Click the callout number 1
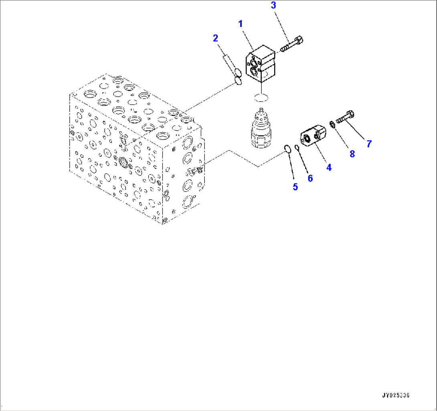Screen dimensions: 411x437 click(241, 24)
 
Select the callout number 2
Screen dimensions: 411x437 click(215, 38)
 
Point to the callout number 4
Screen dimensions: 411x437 click(329, 168)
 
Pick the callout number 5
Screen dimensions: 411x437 click(295, 187)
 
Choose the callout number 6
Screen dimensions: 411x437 click(310, 178)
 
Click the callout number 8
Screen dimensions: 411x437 click(352, 154)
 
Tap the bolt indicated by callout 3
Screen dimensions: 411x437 click(292, 44)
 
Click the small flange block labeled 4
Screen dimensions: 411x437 click(314, 136)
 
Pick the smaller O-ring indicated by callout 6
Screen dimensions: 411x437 click(297, 148)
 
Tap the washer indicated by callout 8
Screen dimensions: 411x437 click(332, 124)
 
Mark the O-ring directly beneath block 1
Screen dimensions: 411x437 click(261, 97)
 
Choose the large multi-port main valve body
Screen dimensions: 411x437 click(136, 156)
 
